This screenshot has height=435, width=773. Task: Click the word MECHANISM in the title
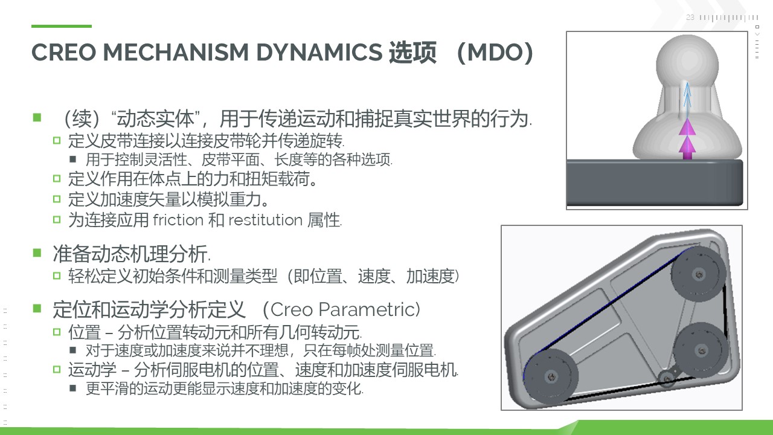pyautogui.click(x=176, y=53)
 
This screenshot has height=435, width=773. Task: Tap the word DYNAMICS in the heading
pyautogui.click(x=319, y=53)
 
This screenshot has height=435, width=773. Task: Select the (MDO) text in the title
pyautogui.click(x=495, y=53)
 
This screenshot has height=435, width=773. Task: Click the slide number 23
pyautogui.click(x=690, y=18)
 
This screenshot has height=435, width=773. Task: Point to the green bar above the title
pyautogui.click(x=62, y=26)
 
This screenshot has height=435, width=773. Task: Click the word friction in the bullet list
pyautogui.click(x=178, y=219)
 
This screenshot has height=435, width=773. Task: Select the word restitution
pyautogui.click(x=265, y=219)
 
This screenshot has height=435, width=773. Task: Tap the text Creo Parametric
pyautogui.click(x=345, y=309)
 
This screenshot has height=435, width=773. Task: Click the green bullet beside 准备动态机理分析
pyautogui.click(x=37, y=253)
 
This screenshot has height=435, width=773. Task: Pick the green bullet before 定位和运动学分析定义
pyautogui.click(x=37, y=308)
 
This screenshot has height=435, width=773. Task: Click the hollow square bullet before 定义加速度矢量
pyautogui.click(x=57, y=199)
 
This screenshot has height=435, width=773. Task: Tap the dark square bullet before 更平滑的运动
pyautogui.click(x=72, y=388)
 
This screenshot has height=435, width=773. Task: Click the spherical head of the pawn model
pyautogui.click(x=687, y=60)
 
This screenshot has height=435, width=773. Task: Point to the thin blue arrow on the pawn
pyautogui.click(x=687, y=100)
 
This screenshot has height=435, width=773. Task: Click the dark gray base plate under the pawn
pyautogui.click(x=655, y=183)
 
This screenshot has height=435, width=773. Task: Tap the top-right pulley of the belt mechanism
pyautogui.click(x=699, y=274)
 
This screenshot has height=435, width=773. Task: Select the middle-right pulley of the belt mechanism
pyautogui.click(x=701, y=350)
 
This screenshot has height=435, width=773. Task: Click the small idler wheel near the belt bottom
pyautogui.click(x=666, y=379)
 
